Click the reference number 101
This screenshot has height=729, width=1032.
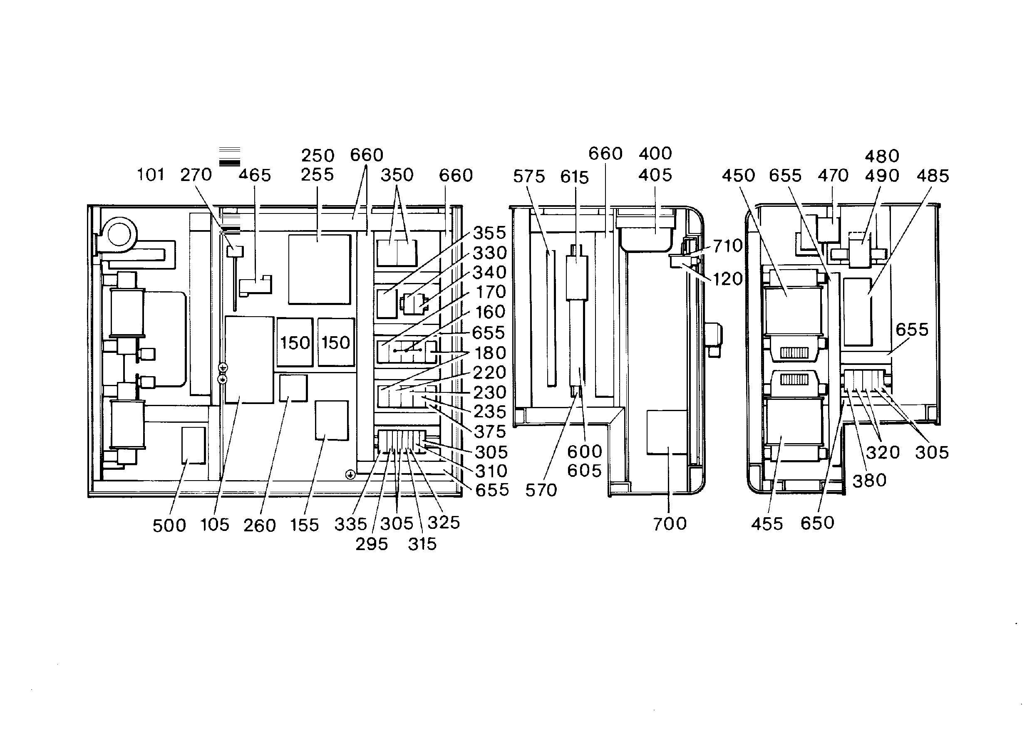[x=151, y=174]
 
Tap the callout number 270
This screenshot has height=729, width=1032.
[x=196, y=174]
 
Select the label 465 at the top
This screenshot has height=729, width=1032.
[x=255, y=175]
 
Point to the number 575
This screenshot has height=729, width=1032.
[x=529, y=176]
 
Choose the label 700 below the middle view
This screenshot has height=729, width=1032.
[x=670, y=523]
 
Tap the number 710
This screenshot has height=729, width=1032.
[x=728, y=246]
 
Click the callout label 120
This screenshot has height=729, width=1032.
[x=728, y=279]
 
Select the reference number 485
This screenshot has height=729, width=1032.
[x=933, y=176]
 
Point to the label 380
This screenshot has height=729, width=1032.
[x=869, y=481]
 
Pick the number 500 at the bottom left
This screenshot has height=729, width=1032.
[x=169, y=526]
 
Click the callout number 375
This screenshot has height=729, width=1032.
[x=490, y=431]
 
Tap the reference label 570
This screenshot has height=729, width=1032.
[x=541, y=490]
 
